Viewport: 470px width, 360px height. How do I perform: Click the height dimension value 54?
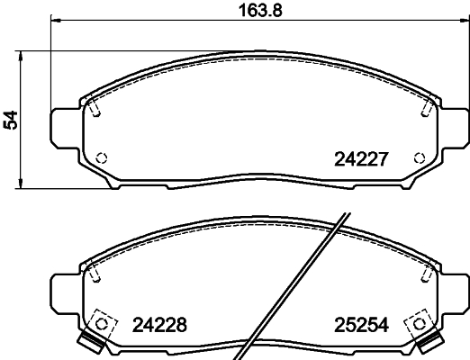click(11, 119)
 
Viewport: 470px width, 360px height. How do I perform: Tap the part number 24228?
click(159, 325)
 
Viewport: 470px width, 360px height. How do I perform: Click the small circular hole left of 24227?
click(102, 157)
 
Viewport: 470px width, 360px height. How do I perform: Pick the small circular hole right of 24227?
click(418, 157)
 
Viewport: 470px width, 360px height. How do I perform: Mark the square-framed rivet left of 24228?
click(103, 320)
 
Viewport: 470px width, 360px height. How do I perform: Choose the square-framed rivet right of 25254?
click(417, 320)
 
